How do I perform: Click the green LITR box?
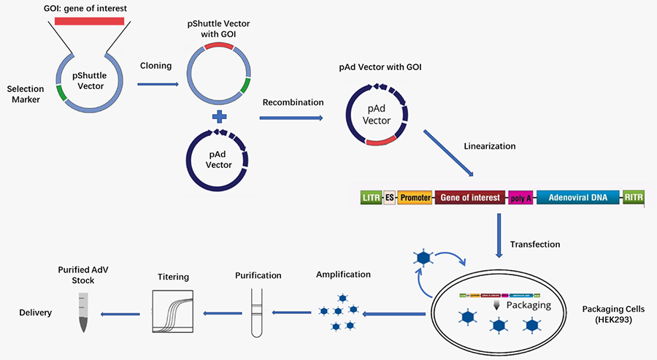[371, 197]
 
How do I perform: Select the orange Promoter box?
[415, 197]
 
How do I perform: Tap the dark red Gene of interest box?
[469, 197]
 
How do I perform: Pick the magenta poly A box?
[520, 197]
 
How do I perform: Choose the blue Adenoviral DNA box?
[578, 197]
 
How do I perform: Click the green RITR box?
[632, 197]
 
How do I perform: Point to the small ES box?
[389, 197]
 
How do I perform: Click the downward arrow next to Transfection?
[499, 235]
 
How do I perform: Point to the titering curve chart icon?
[173, 311]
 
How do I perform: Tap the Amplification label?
[343, 275]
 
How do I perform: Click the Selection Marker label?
[26, 94]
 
